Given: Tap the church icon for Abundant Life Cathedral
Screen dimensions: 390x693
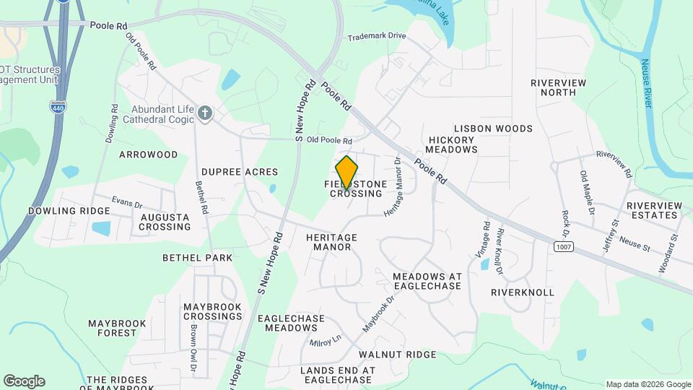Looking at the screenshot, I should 206,113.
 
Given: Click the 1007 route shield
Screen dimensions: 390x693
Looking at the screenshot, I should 564,247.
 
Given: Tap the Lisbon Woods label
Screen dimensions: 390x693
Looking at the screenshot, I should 503,129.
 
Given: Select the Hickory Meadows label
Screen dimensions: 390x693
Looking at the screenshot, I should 451,144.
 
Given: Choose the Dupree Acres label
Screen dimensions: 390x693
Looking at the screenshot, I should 240,172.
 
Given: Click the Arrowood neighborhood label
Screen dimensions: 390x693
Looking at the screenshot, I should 148,155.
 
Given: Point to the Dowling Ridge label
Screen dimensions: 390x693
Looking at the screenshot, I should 69,211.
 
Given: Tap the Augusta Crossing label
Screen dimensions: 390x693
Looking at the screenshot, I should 165,222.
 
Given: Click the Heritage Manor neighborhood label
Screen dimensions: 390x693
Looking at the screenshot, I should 331,242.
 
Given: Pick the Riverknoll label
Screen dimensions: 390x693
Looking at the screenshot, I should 522,292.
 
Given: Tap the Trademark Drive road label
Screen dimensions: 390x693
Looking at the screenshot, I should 376,36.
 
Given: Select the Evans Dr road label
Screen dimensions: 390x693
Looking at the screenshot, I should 127,201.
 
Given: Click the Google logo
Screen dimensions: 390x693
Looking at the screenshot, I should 24,381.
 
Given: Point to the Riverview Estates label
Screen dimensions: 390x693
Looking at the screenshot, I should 654,210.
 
